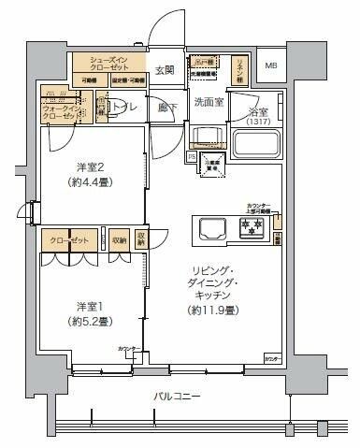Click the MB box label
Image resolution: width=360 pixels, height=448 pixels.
(270, 65)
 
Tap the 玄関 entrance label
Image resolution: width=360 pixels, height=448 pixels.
(165, 70)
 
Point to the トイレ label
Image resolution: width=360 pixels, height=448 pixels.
(120, 108)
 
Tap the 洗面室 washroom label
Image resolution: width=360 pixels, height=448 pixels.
(208, 101)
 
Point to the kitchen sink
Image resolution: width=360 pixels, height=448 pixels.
(208, 227)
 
